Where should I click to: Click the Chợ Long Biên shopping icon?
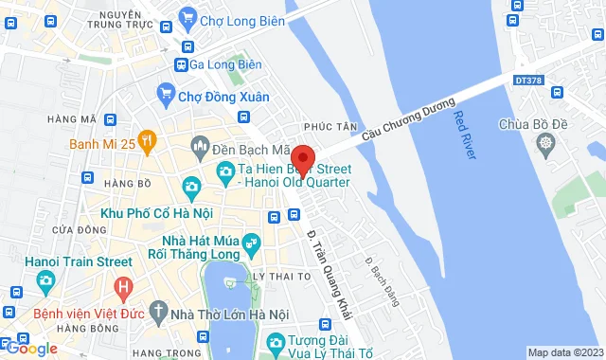(187, 16)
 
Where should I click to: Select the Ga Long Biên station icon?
(180, 64)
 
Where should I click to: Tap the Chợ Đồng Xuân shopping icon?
(167, 95)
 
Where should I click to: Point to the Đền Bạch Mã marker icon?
(201, 144)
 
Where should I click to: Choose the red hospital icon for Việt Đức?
(122, 286)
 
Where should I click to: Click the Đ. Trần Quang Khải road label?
(325, 266)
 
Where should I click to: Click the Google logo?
(30, 349)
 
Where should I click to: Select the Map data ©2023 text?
(563, 352)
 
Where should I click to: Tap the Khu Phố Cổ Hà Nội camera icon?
(192, 185)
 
